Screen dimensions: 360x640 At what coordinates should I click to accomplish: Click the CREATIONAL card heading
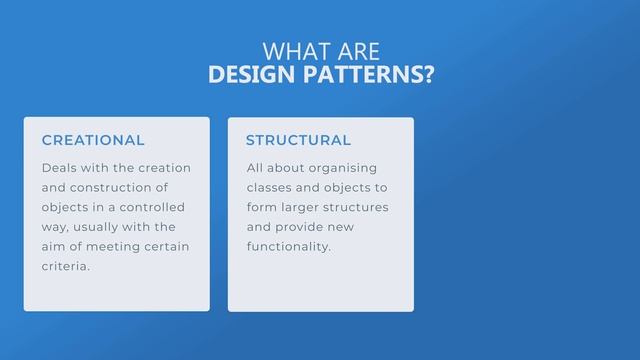[x=93, y=141]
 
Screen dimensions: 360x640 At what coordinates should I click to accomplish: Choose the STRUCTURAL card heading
[x=298, y=141]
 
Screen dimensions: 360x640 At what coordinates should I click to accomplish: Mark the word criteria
[x=65, y=266]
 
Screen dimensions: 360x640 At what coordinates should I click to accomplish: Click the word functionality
[x=288, y=246]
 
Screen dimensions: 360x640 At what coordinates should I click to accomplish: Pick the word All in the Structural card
[x=257, y=168]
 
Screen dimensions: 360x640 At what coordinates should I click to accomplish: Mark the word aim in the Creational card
[x=53, y=246]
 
